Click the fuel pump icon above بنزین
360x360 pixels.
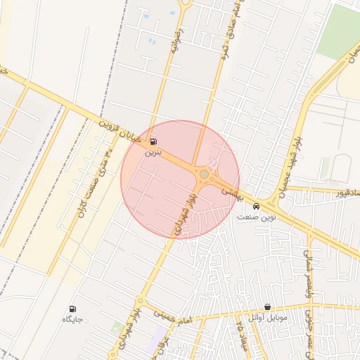154,141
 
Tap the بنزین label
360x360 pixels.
153,151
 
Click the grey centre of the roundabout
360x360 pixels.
204,174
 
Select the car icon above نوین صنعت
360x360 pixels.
256,207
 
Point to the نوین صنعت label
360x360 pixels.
256,217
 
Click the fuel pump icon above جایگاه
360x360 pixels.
72,309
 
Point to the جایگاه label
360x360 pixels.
72,319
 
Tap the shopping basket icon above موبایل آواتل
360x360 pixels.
268,307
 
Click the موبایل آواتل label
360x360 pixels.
268,317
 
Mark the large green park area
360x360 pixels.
338,32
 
